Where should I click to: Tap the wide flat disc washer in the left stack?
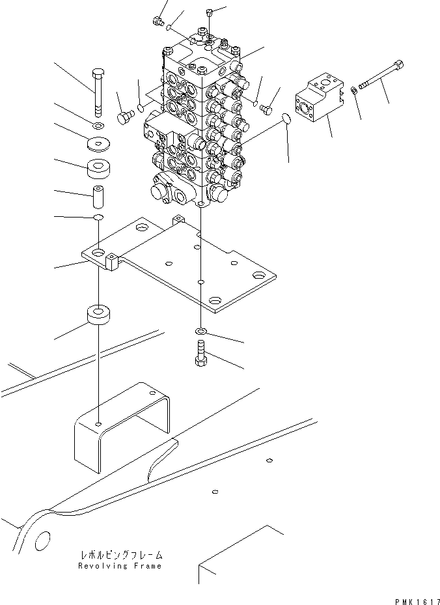(99, 143)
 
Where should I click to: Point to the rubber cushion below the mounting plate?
(98, 317)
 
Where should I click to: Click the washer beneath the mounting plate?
(201, 332)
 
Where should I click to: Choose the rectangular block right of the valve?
(319, 101)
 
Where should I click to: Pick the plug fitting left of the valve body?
(124, 117)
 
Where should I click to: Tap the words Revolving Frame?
(119, 566)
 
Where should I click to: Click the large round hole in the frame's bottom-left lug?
(41, 540)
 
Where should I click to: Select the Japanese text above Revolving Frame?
(120, 556)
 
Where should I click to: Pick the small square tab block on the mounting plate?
(113, 262)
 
